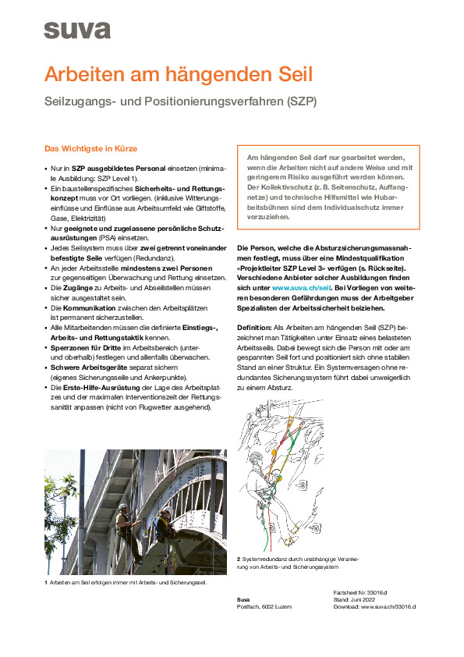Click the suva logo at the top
76,30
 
